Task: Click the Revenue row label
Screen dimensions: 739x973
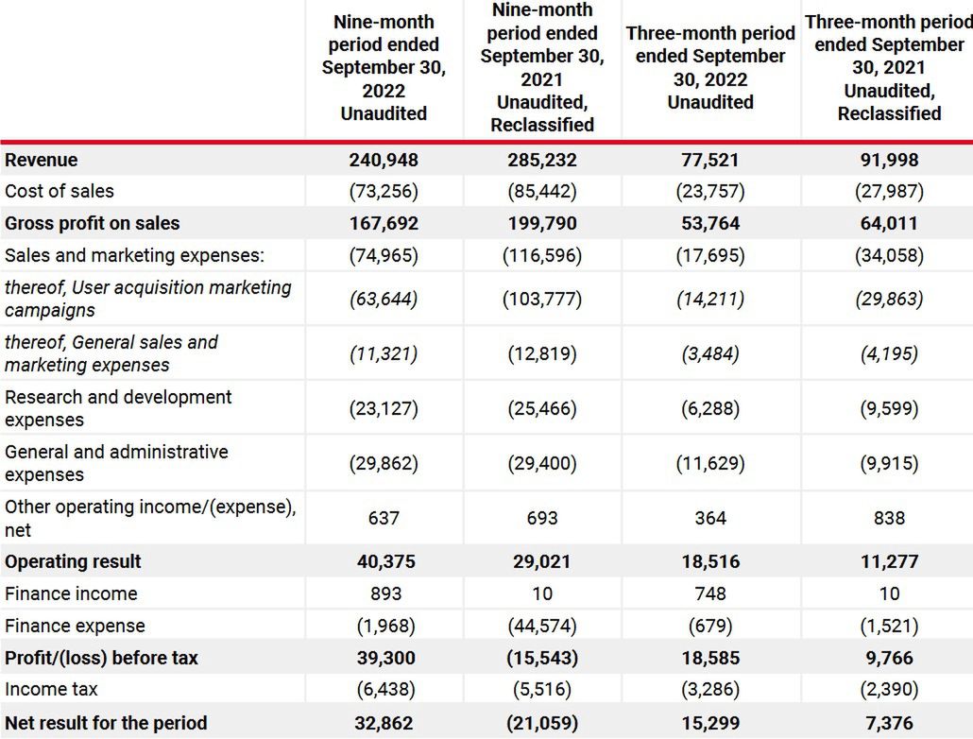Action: [42, 160]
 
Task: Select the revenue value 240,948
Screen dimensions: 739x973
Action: [384, 160]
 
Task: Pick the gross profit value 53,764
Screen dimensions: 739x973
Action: [710, 224]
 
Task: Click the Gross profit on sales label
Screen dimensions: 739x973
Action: [92, 224]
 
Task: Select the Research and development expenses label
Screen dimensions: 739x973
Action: [118, 408]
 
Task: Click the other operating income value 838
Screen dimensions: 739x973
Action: [889, 518]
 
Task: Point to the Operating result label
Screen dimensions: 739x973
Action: [73, 561]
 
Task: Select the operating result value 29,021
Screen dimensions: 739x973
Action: [542, 561]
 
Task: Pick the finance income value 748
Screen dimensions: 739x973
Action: [710, 593]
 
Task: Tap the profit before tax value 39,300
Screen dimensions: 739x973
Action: [384, 658]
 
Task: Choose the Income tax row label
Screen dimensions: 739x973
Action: [51, 690]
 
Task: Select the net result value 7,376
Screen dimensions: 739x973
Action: [889, 724]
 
